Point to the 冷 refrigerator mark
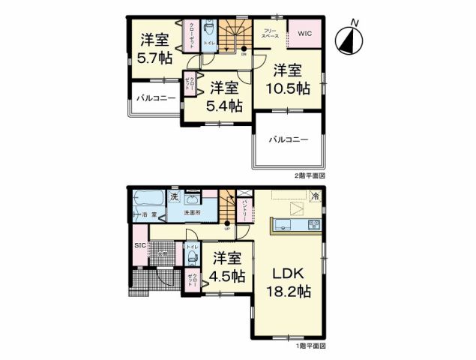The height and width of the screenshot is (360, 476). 316,197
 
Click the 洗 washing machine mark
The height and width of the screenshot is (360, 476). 173,196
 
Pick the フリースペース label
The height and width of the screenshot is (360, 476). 271,34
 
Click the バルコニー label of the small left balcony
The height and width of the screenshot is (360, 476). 155,98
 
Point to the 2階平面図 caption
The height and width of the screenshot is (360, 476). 309,175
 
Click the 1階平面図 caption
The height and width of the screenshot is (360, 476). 309,346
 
